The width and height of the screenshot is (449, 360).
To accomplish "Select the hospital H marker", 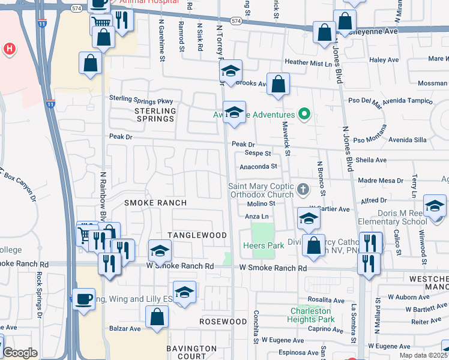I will coord(9,49).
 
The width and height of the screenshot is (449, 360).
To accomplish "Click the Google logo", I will coord(20,353).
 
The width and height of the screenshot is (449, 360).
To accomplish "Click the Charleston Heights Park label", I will coord(312,315).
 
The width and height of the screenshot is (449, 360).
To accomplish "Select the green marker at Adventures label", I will coord(304,114).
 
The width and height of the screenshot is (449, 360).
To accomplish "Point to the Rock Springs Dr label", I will coord(40,295).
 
